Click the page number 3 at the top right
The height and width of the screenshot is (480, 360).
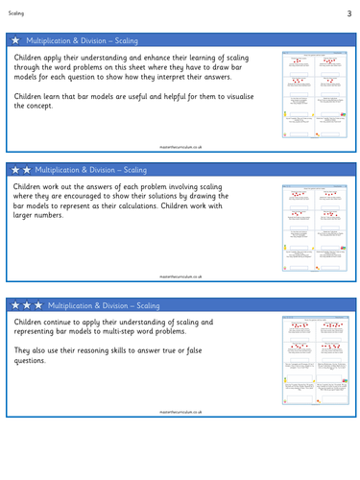coord(349,13)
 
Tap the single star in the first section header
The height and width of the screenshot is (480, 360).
coord(15,41)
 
